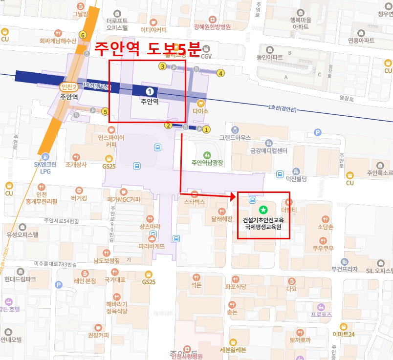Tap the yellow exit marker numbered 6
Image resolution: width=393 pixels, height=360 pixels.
[x=83, y=35]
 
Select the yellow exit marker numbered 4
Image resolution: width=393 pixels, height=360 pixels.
[x=220, y=73]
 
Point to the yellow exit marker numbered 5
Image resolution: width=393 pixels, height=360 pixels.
[x=105, y=111]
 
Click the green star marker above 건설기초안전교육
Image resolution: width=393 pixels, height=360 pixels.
[x=263, y=210]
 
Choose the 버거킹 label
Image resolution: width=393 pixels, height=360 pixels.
[x=79, y=199]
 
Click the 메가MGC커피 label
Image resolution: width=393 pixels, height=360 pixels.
[x=124, y=199]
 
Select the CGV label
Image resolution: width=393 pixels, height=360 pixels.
[x=206, y=56]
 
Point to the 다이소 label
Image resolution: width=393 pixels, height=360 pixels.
[x=200, y=111]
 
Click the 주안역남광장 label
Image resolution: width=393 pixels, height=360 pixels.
[x=207, y=162]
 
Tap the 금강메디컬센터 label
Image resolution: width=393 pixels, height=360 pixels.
[x=268, y=151]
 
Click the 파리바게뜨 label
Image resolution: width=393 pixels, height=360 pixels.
[x=152, y=246]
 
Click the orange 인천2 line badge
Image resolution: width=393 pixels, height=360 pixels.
[x=68, y=87]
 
